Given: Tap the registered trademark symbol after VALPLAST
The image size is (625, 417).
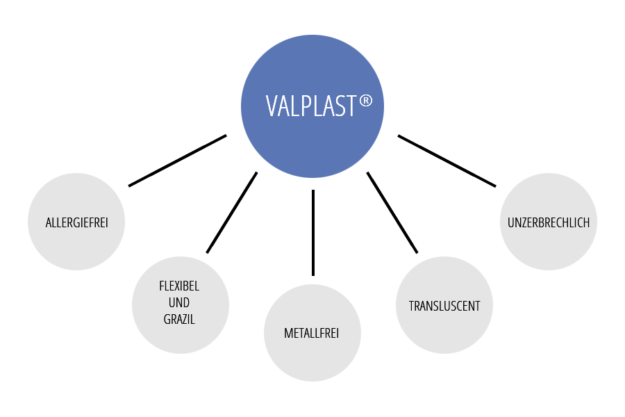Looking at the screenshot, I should (366, 101).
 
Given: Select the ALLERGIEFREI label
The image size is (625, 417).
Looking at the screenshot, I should (76, 223).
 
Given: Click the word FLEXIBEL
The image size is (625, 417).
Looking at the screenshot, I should (180, 286).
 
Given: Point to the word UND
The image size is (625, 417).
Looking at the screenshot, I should (180, 303).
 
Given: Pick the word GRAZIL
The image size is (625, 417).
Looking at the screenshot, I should (180, 320).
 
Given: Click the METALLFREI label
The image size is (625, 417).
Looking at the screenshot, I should (312, 334).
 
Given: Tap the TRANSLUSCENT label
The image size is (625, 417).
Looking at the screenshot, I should (444, 306).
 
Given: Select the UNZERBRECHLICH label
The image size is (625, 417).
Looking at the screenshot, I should (549, 223).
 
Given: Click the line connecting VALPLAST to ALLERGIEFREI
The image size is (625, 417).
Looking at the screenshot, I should (177, 161).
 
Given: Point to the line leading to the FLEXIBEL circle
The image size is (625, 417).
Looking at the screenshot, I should (232, 212).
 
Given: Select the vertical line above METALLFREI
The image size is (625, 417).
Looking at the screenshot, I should (313, 232).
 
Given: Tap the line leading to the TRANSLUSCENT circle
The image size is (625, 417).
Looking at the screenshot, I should (392, 212).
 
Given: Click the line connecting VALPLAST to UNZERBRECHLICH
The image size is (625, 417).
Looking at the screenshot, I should (447, 161).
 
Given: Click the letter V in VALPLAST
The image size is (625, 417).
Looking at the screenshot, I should (272, 106).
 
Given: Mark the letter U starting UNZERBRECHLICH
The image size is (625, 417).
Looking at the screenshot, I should (511, 223).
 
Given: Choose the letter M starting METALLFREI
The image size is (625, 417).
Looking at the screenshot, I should (288, 334).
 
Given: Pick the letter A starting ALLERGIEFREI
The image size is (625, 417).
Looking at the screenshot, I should (49, 223).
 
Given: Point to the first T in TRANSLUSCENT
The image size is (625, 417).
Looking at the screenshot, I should (411, 306).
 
